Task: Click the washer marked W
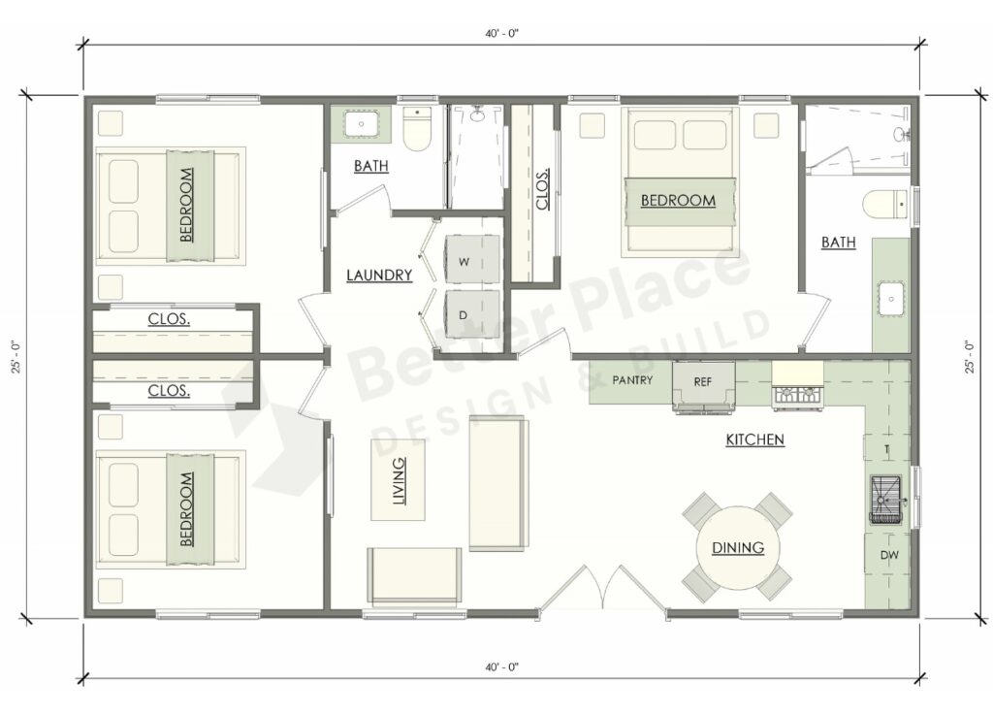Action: tap(463, 261)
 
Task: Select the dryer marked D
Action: tap(463, 314)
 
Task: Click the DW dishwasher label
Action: tap(887, 556)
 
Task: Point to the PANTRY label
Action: tap(632, 380)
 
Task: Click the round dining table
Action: tap(737, 548)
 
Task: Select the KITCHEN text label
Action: tap(754, 440)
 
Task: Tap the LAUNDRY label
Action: tap(379, 276)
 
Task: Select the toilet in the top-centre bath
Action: tap(417, 131)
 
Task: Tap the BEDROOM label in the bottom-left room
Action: tap(185, 508)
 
